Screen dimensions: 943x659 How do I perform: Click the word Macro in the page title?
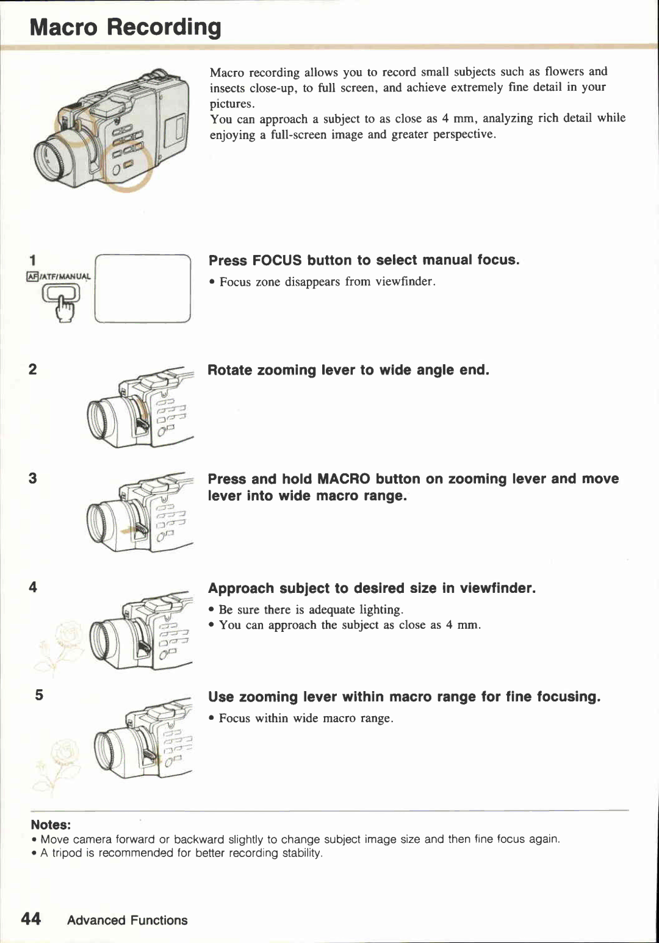63,27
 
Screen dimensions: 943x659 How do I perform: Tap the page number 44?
31,919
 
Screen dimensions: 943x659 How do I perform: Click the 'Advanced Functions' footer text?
127,920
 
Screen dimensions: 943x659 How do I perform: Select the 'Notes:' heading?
51,825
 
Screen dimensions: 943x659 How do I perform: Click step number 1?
33,260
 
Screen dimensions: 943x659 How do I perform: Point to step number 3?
32,478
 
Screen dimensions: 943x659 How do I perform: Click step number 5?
39,695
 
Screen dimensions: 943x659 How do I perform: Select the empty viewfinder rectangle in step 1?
143,289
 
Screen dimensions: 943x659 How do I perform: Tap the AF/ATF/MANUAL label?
59,276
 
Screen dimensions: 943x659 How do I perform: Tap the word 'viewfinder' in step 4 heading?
497,588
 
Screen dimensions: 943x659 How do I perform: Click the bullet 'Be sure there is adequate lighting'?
310,609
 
